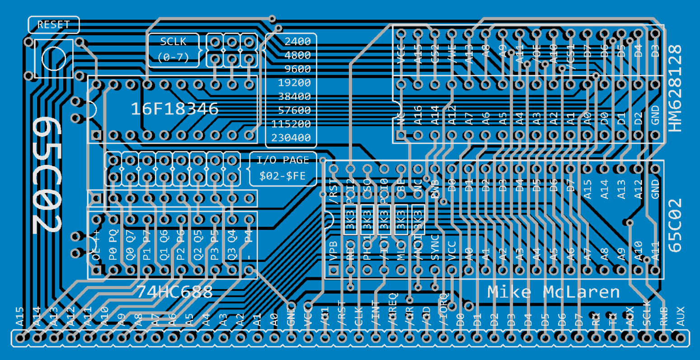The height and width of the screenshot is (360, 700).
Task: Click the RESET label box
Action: click(53, 25)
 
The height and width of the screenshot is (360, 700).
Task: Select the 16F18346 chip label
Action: click(174, 109)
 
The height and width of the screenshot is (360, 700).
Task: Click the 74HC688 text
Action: click(174, 292)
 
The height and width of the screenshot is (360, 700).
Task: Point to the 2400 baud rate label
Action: click(297, 42)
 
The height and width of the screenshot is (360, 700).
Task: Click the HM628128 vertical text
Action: click(675, 88)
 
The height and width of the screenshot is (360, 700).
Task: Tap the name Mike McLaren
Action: click(553, 292)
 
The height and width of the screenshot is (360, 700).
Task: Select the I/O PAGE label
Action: click(283, 160)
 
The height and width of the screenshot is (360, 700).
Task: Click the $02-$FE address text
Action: click(283, 176)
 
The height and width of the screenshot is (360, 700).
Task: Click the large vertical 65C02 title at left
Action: click(47, 175)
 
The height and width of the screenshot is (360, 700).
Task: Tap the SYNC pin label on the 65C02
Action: click(435, 247)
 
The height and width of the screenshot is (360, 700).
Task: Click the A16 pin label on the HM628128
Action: click(418, 115)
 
